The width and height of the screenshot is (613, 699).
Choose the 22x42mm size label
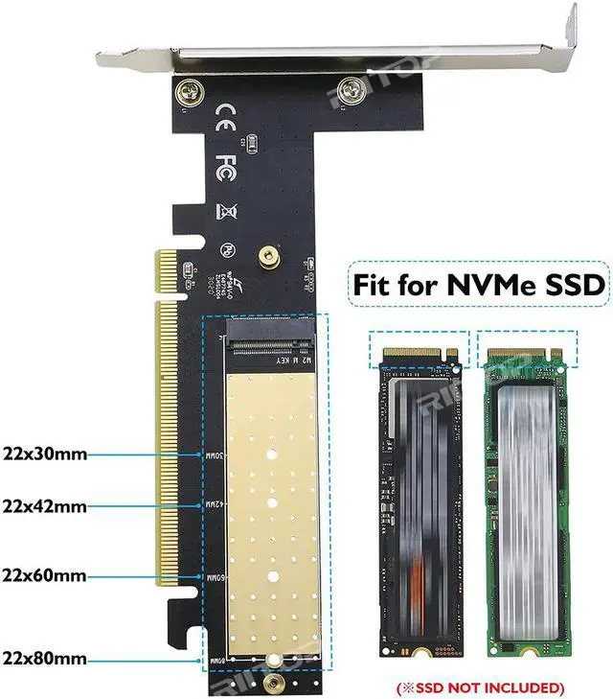45,504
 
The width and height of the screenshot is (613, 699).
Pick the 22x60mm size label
45,576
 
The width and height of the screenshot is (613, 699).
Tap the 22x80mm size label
45,659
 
